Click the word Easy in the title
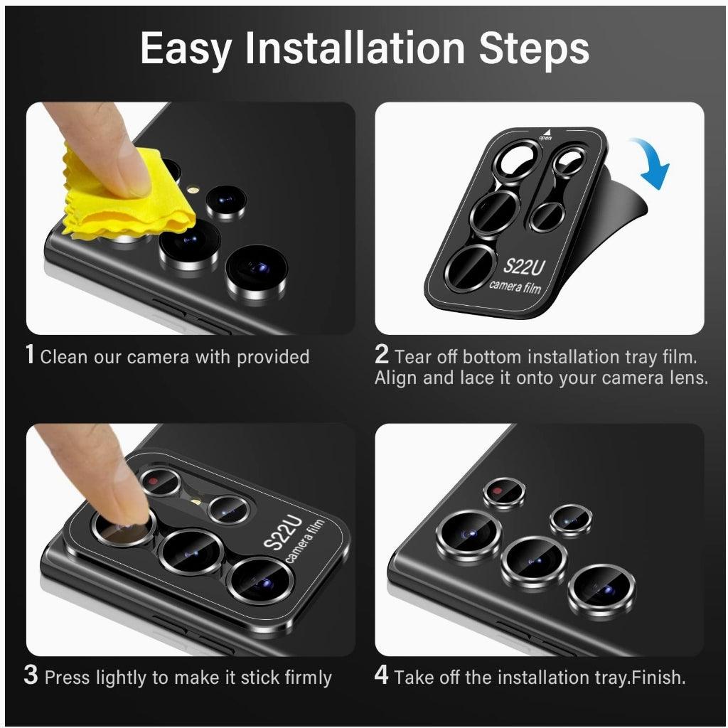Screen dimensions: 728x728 point(186,49)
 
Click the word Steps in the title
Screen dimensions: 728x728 point(534,49)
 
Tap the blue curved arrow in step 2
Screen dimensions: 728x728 point(652,163)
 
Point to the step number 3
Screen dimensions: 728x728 point(31,675)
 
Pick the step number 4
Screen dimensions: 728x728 point(382,675)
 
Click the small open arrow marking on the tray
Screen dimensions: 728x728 point(547,134)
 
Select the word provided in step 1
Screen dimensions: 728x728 point(273,357)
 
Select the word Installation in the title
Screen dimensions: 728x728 point(355,49)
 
